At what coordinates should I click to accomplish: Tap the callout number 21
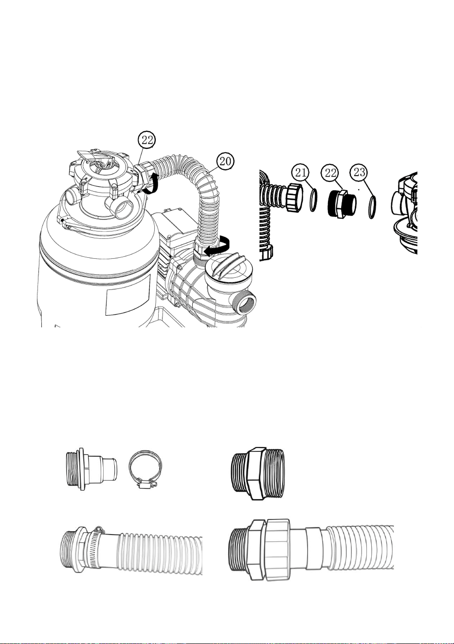(300, 172)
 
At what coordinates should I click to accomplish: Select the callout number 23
(359, 172)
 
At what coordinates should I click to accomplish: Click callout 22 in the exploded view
(330, 173)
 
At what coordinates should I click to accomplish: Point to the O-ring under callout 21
(313, 200)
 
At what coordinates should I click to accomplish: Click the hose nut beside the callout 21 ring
(294, 198)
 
